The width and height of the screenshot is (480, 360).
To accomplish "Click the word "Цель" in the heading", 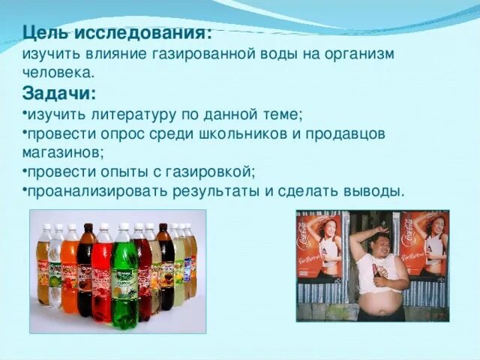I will point(43,34).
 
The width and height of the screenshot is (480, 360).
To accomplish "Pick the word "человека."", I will point(58,73).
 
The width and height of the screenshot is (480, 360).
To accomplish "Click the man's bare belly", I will point(379,297).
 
